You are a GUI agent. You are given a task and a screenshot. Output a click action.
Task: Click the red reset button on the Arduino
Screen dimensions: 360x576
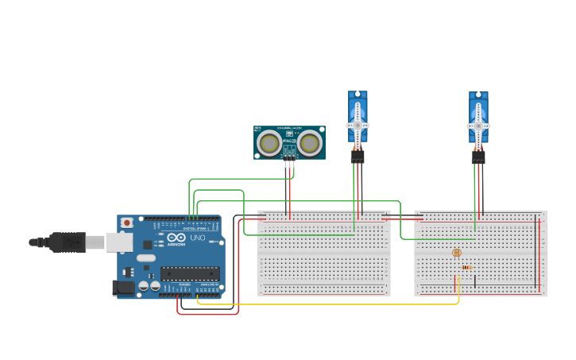pos(126,223)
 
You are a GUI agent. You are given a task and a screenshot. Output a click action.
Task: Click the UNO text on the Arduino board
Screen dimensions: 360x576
pos(197,238)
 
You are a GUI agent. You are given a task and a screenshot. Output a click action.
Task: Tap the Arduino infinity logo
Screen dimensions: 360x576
pos(176,238)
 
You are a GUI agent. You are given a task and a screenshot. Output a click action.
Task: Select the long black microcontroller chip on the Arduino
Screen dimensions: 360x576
pos(190,273)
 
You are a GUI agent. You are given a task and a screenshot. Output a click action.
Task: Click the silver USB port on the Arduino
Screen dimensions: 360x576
pos(119,242)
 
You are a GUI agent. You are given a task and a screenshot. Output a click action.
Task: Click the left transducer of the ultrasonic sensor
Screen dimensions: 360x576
pos(270,144)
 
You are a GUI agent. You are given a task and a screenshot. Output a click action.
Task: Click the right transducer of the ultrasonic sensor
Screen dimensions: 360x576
pos(310,144)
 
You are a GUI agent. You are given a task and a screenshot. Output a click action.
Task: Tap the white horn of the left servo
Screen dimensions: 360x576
pos(358,125)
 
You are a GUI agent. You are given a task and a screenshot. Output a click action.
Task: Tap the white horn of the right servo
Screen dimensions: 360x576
pos(478,125)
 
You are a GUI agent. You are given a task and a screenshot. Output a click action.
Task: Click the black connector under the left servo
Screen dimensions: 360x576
pos(358,157)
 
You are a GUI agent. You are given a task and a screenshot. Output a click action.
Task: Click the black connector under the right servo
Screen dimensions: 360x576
pos(478,157)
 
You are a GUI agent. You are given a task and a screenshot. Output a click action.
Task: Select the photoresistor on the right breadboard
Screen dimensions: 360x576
pos(456,254)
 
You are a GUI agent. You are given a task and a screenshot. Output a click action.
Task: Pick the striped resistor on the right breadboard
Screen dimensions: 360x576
pos(466,268)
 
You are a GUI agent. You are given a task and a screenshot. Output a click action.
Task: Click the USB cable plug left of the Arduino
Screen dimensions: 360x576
pos(68,242)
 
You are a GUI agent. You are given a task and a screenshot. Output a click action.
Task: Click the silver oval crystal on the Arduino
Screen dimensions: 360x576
pos(146,257)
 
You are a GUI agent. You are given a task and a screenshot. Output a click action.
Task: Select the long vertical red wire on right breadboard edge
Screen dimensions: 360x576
pos(539,254)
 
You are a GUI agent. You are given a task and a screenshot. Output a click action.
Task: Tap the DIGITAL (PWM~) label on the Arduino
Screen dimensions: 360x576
pos(195,228)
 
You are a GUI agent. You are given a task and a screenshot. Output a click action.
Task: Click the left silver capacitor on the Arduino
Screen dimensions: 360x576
pos(144,285)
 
